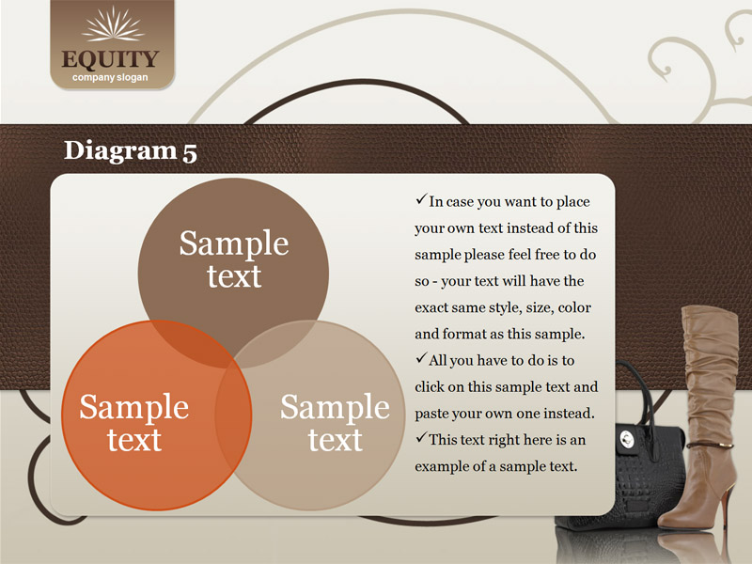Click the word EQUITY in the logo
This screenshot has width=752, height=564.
pyautogui.click(x=110, y=59)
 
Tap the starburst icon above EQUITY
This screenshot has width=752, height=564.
pyautogui.click(x=113, y=24)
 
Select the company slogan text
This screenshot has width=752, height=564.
pyautogui.click(x=110, y=78)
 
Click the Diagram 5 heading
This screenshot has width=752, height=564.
pyautogui.click(x=131, y=150)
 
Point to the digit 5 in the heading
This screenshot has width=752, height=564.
pyautogui.click(x=190, y=152)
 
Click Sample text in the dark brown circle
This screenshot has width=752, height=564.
pyautogui.click(x=234, y=259)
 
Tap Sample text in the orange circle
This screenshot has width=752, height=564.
pyautogui.click(x=133, y=422)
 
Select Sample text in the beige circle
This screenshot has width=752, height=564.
pyautogui.click(x=335, y=422)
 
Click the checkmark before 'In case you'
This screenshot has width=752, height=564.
pyautogui.click(x=421, y=199)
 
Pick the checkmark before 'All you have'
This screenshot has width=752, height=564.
pyautogui.click(x=421, y=358)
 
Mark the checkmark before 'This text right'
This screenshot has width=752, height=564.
pyautogui.click(x=421, y=437)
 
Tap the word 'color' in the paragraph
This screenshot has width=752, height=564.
pyautogui.click(x=574, y=307)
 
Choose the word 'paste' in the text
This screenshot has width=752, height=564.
pyautogui.click(x=431, y=414)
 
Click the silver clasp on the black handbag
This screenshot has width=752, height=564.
pyautogui.click(x=627, y=438)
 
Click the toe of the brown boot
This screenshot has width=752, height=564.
pyautogui.click(x=670, y=522)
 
